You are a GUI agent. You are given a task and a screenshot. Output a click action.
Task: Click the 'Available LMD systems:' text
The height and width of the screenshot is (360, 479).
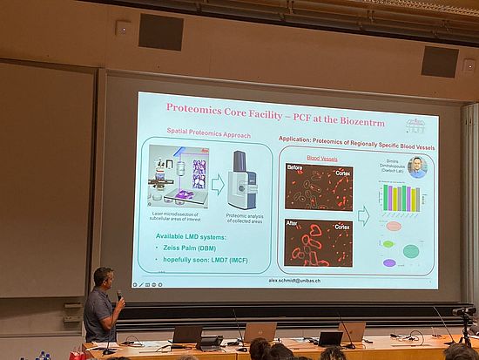tap(196, 237)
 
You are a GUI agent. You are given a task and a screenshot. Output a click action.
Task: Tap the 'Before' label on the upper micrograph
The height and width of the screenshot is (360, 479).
tap(294, 167)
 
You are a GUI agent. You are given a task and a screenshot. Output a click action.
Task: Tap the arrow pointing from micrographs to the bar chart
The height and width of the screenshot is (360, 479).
tap(363, 215)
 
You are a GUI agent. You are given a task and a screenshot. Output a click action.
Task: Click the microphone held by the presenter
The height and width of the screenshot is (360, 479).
tap(119, 295)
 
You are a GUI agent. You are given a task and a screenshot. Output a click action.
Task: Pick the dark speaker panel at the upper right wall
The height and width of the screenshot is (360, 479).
tap(440, 61)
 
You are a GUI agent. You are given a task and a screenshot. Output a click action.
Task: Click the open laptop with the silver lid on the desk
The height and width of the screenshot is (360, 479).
tap(260, 332)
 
